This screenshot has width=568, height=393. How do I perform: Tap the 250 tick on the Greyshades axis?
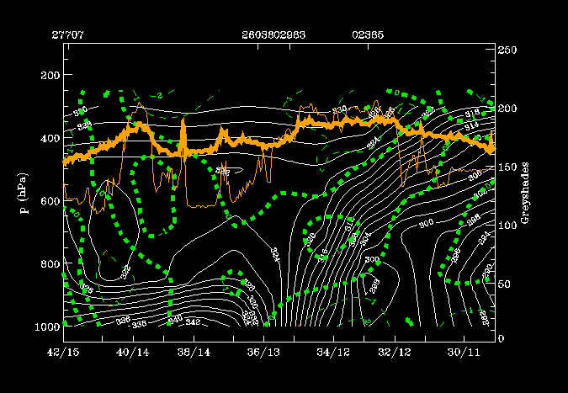[x=507, y=51]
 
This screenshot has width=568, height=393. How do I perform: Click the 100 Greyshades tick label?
[x=507, y=224]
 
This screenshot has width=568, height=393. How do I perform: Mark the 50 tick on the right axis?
[x=505, y=281]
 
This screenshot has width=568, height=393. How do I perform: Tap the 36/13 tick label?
[x=265, y=350]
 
